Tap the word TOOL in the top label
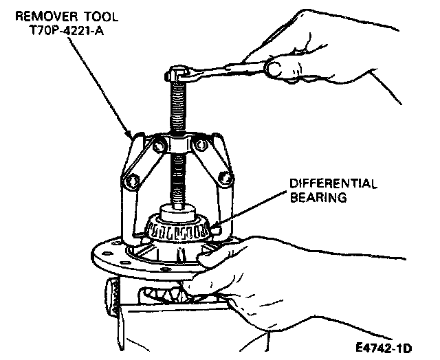point(93,14)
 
